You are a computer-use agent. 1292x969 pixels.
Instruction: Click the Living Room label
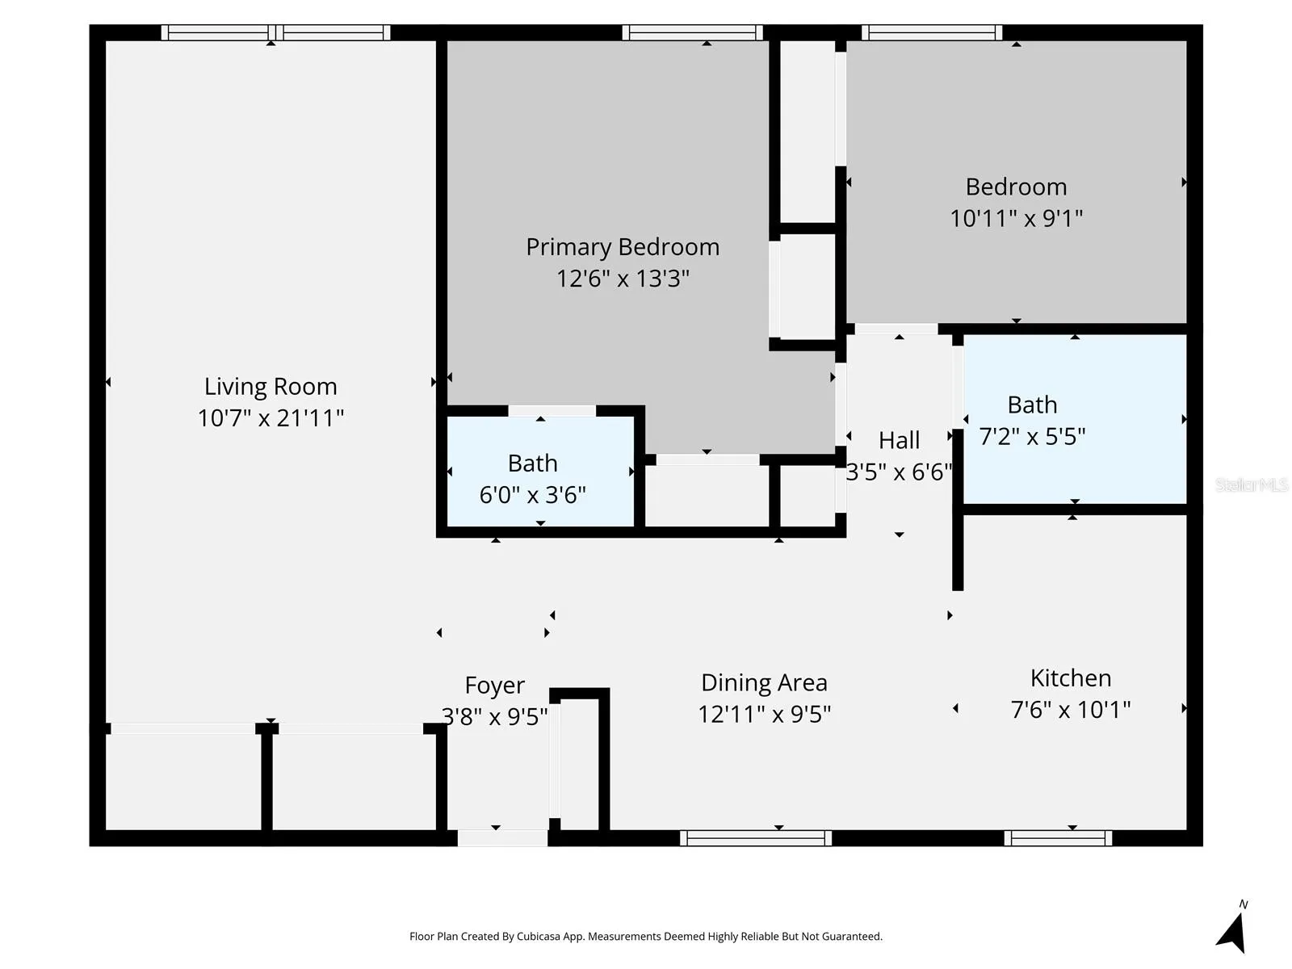point(271,387)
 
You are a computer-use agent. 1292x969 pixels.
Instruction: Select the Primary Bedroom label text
point(622,247)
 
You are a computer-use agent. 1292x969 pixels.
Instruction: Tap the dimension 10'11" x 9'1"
point(1016,218)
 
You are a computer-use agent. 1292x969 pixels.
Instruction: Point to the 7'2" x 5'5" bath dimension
point(1032,437)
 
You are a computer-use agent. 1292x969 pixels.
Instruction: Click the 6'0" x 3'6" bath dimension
point(532,495)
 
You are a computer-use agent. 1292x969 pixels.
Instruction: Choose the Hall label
point(899,440)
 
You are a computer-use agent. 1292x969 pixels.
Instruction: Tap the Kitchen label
point(1070,678)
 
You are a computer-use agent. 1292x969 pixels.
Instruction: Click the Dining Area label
point(764,683)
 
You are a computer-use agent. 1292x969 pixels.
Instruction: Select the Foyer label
point(494,686)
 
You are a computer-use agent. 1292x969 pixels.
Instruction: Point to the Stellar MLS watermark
point(1252,484)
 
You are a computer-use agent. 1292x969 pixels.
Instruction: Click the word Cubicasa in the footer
point(539,937)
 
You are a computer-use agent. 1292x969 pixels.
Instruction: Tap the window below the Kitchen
point(1058,838)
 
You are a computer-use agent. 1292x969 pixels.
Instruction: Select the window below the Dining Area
point(755,838)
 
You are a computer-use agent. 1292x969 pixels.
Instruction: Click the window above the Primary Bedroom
point(692,32)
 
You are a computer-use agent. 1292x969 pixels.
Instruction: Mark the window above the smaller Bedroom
point(932,32)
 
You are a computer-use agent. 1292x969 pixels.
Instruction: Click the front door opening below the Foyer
point(503,838)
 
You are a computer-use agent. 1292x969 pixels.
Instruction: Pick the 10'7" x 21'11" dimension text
point(271,418)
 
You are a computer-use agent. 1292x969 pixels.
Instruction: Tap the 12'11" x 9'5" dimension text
point(764,715)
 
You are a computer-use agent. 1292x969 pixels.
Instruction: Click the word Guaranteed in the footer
point(853,937)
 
